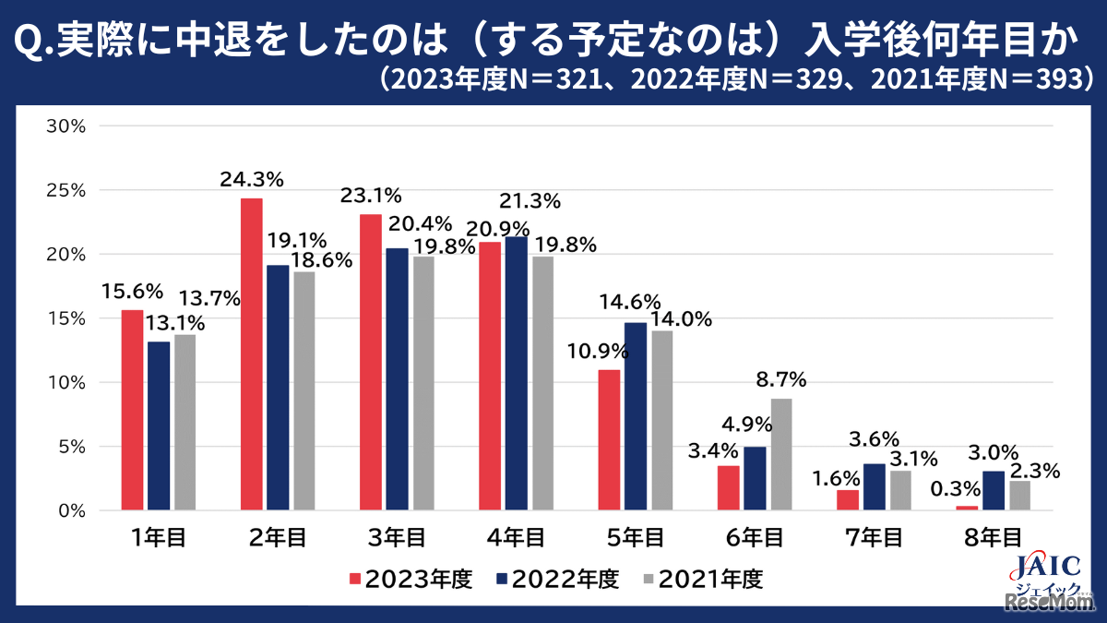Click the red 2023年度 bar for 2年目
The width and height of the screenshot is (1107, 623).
pos(251,354)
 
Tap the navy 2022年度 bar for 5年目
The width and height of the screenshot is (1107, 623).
pos(636,416)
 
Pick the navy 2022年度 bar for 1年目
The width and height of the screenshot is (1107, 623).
pos(159,425)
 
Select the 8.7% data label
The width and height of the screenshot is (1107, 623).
pos(781,379)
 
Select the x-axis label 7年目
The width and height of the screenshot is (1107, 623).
pos(874,537)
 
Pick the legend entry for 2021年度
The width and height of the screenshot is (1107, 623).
pos(703,580)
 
